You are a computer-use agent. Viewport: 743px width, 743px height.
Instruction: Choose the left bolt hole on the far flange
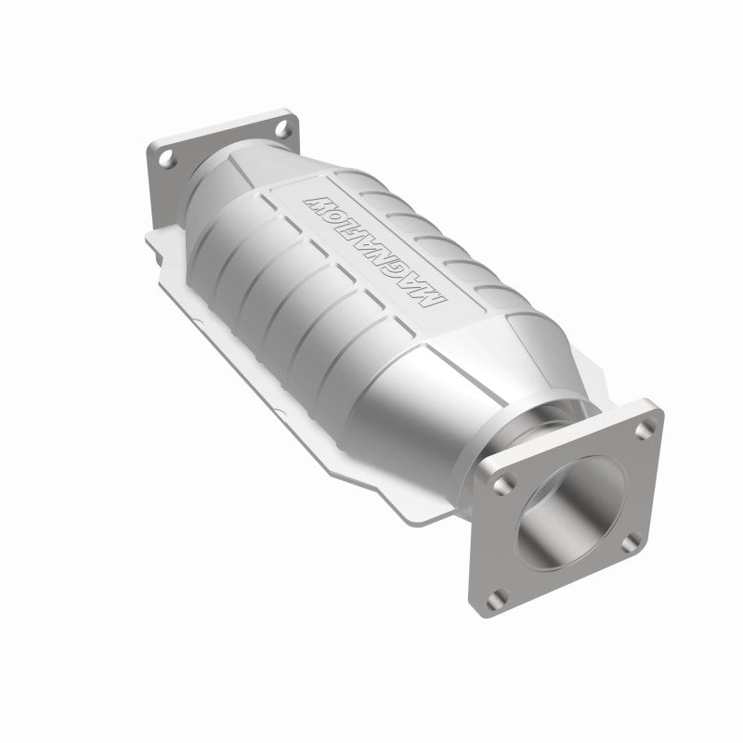(x=168, y=160)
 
